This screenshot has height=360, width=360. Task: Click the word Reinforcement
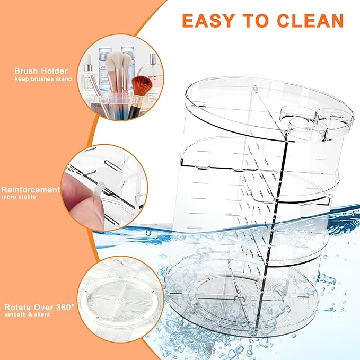click(30, 189)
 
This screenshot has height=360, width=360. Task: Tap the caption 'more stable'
click(19, 197)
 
